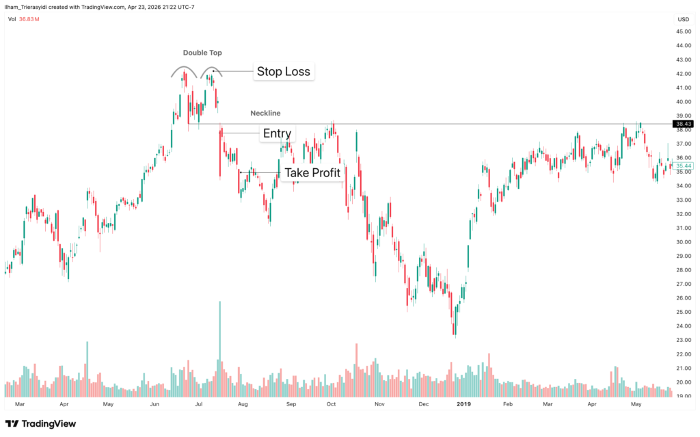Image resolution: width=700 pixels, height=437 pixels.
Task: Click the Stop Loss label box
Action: point(283,71)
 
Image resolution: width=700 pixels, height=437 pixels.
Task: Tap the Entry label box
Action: point(277,133)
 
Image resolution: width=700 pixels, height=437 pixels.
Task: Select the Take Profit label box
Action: point(312,172)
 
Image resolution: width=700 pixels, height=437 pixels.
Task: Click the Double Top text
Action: point(202,53)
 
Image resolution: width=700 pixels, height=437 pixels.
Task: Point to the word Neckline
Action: point(265,113)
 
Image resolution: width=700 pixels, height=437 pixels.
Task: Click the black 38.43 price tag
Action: point(682,124)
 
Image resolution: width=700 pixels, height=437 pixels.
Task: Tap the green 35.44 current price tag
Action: point(682,166)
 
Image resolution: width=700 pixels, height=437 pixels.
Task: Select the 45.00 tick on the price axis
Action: point(682,31)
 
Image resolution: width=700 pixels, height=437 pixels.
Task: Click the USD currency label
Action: point(682,19)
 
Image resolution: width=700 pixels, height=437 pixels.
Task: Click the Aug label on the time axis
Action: point(243,405)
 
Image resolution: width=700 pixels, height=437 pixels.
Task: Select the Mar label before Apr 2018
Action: point(19,405)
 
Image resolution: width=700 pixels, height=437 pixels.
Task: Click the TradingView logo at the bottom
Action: point(41,423)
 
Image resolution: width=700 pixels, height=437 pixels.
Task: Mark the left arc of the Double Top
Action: point(181,71)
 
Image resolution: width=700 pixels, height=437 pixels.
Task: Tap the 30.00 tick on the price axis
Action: point(682,241)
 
